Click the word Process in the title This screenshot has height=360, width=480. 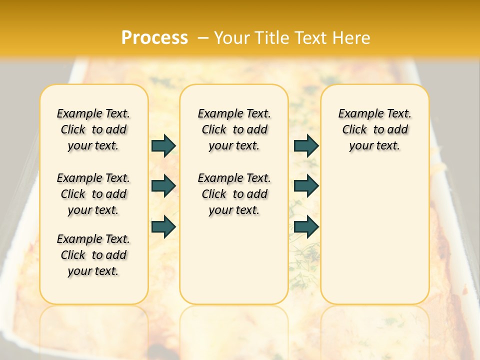[154, 38]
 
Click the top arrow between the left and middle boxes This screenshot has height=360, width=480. [163, 146]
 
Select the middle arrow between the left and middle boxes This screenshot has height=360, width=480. [163, 186]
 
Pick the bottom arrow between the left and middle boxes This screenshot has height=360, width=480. [163, 227]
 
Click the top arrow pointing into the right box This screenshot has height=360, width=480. [306, 146]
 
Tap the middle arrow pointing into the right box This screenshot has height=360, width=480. [306, 186]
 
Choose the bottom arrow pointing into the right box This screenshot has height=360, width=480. [306, 227]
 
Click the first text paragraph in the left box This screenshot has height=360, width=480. [93, 129]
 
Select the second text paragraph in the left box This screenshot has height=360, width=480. [93, 194]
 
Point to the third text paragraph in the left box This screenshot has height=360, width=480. [93, 255]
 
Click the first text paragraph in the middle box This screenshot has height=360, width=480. [234, 129]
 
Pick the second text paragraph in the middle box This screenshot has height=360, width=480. [234, 194]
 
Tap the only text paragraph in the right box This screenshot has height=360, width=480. [375, 129]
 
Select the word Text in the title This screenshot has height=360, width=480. [310, 38]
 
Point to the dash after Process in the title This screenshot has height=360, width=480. [203, 38]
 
